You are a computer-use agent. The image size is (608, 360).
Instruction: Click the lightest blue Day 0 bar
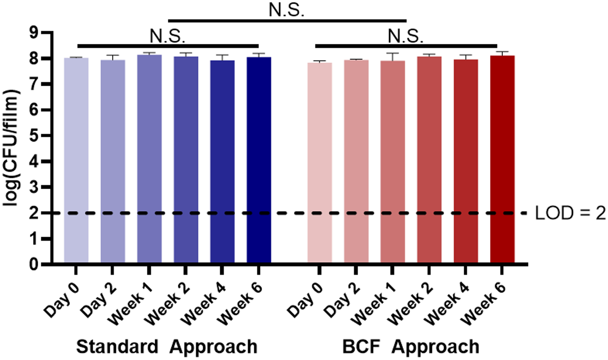(76, 160)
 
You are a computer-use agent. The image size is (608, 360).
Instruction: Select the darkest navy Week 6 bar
(259, 160)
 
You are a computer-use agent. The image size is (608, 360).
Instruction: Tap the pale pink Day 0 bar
(320, 162)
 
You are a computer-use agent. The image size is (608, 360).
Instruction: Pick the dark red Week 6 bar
(502, 159)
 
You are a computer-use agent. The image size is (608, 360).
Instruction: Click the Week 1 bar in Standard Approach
(149, 159)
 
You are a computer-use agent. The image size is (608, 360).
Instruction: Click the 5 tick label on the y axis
(34, 136)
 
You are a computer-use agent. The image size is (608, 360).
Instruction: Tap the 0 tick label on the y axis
(34, 264)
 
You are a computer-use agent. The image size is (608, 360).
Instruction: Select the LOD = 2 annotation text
(570, 213)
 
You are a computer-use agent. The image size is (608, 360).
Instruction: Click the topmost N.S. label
(286, 10)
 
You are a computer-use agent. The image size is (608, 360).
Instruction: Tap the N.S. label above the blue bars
(168, 36)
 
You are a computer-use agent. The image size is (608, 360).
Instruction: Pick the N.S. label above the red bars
(405, 36)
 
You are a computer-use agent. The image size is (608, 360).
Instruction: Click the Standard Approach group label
(167, 347)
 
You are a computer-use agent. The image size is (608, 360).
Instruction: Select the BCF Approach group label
(410, 347)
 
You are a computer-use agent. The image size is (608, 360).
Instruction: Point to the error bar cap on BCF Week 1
(392, 53)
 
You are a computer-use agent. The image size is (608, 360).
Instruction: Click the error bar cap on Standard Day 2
(113, 55)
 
